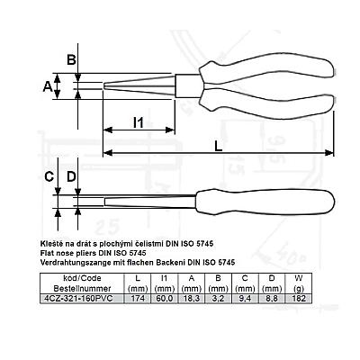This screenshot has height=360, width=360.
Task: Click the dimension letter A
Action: click(48, 86)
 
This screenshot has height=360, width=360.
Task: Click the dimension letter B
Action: click(71, 59)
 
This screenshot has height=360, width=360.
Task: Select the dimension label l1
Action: click(139, 122)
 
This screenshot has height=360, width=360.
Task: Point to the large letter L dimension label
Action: click(219, 146)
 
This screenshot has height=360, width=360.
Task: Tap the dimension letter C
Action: click(49, 176)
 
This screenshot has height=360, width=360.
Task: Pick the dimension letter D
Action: click(71, 176)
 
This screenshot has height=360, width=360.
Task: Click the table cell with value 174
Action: click(138, 299)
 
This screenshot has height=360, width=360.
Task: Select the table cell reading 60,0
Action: click(164, 299)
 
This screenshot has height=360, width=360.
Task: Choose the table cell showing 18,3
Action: click(191, 299)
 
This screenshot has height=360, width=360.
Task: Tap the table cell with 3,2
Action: click(218, 299)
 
